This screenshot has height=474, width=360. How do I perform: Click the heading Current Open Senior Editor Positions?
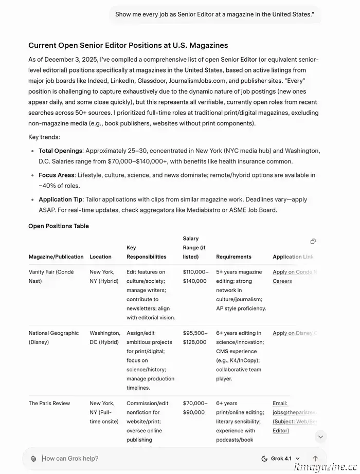(128, 46)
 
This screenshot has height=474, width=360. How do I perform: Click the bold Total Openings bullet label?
(61, 151)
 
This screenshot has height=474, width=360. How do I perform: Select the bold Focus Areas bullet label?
(57, 175)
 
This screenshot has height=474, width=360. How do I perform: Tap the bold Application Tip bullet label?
(62, 199)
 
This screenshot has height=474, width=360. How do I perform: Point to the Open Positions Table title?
(59, 226)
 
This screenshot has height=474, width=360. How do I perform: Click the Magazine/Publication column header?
(56, 257)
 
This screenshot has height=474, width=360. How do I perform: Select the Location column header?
(100, 257)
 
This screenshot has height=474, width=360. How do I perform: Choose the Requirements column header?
(233, 257)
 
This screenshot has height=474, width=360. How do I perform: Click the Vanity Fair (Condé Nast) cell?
(51, 277)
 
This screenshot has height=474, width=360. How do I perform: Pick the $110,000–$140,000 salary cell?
(195, 277)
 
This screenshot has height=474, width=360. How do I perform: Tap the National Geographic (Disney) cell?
(53, 337)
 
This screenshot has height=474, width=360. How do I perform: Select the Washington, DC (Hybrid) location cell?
(104, 337)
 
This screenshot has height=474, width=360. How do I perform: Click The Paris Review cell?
(49, 404)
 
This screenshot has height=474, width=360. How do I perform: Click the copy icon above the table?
(313, 241)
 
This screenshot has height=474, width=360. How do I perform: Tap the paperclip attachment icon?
(33, 459)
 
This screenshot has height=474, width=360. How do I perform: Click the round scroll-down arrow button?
(320, 437)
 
